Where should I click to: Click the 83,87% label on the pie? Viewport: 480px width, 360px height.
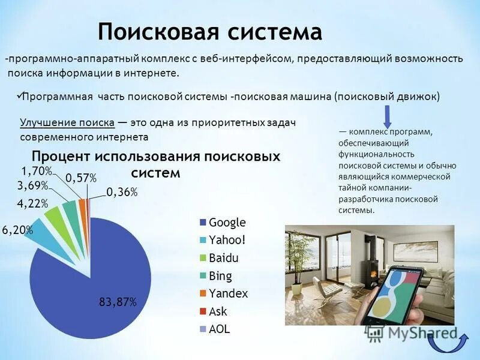point(118,302)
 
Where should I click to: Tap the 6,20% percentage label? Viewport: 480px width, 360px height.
point(17,229)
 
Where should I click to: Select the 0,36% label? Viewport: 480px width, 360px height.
point(122,192)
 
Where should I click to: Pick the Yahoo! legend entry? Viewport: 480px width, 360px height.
point(227,240)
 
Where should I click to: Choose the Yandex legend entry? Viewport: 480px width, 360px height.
point(228,293)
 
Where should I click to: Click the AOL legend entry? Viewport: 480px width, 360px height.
point(220,329)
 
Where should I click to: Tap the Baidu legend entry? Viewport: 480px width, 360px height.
point(224,258)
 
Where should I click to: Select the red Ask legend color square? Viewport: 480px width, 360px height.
point(203,311)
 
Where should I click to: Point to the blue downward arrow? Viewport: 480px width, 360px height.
point(388,116)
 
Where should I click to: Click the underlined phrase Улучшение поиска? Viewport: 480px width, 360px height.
point(67,122)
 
